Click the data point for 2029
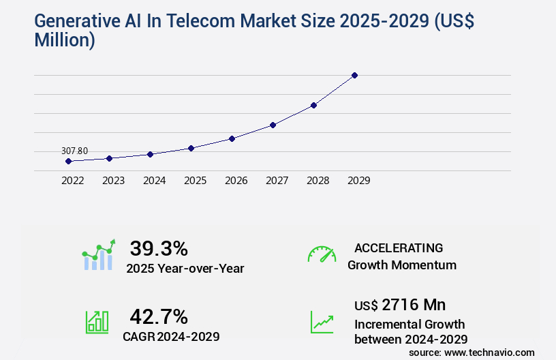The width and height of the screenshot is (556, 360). pyautogui.click(x=354, y=75)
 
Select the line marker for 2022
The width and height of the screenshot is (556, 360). pyautogui.click(x=68, y=162)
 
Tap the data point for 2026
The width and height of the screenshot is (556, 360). pyautogui.click(x=232, y=138)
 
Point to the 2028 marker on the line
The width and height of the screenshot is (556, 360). pyautogui.click(x=313, y=105)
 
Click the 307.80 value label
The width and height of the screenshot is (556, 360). pyautogui.click(x=74, y=151)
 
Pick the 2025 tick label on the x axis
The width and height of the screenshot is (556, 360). pyautogui.click(x=195, y=181)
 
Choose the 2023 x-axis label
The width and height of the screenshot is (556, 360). pyautogui.click(x=113, y=181)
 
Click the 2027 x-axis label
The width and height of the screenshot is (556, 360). pyautogui.click(x=277, y=181)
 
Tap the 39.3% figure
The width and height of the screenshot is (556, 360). pyautogui.click(x=159, y=248)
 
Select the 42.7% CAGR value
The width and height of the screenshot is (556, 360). pyautogui.click(x=159, y=316)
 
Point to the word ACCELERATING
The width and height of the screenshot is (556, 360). pyautogui.click(x=399, y=248)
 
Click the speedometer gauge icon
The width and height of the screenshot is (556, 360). pyautogui.click(x=322, y=254)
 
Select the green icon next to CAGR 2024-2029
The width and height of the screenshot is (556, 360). pyautogui.click(x=96, y=322)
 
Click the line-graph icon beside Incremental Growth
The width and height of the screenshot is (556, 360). pyautogui.click(x=322, y=322)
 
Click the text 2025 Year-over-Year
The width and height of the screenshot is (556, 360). pyautogui.click(x=185, y=268)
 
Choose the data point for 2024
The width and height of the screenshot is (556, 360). pyautogui.click(x=150, y=154)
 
